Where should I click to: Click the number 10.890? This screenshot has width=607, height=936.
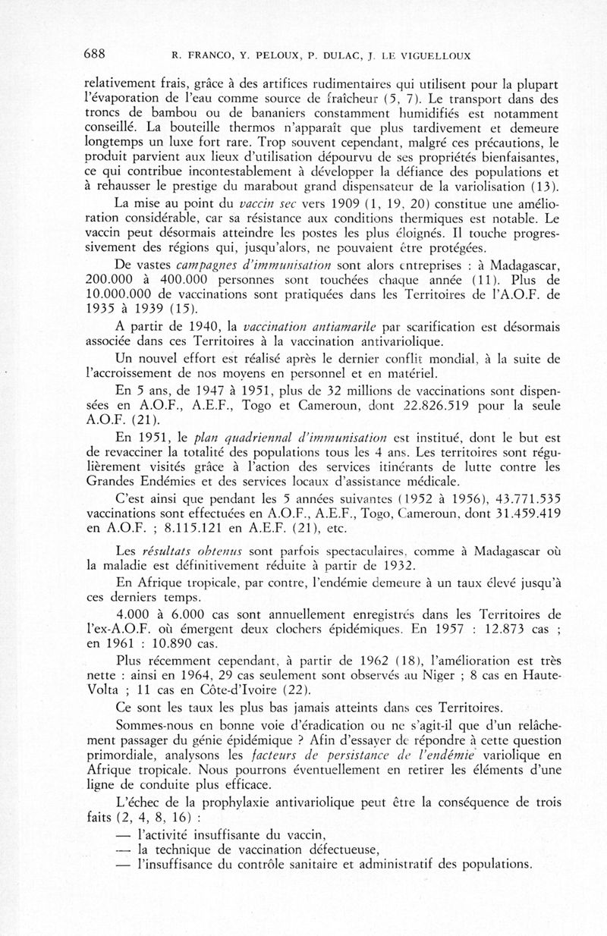click(181, 644)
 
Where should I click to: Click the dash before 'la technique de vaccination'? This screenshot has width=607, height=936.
click(124, 850)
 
